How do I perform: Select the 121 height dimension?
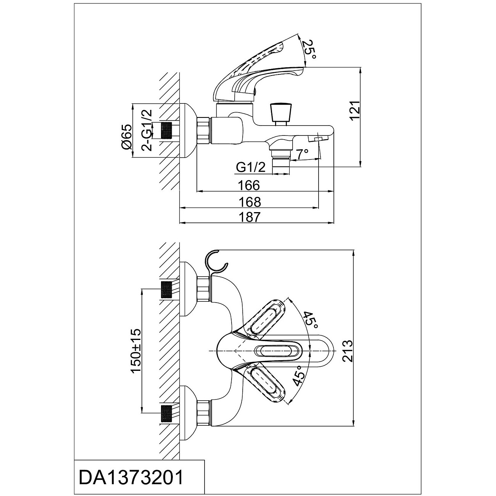[355, 110]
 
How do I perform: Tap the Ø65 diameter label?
[127, 137]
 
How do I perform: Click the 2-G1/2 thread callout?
[147, 130]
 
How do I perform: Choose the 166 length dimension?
[249, 185]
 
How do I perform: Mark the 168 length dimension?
[250, 202]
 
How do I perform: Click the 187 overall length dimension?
[250, 217]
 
